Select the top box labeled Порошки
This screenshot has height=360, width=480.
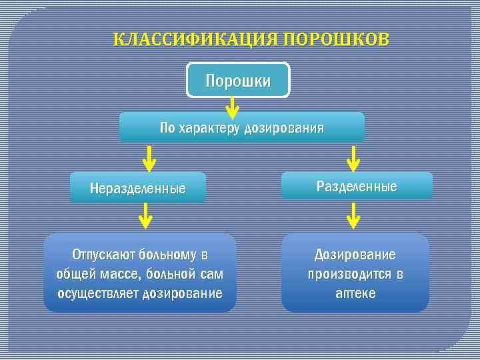pos(238,81)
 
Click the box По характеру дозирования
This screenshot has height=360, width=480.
pos(241,127)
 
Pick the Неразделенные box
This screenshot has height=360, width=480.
pos(138,189)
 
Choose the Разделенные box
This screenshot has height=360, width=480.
pos(357,186)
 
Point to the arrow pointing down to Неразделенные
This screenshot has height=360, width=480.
pos(150,159)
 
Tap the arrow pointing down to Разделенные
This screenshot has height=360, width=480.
pos(354,159)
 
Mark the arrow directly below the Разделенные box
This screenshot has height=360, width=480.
pos(354,217)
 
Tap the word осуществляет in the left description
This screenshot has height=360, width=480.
pos(98,293)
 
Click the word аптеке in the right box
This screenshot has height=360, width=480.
pos(355,293)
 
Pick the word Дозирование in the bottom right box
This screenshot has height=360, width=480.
pos(355,255)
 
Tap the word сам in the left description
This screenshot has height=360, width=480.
pos(211,274)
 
